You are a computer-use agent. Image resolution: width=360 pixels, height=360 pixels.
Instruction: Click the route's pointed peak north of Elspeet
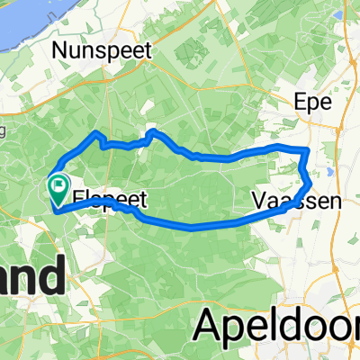tap(95, 133)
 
